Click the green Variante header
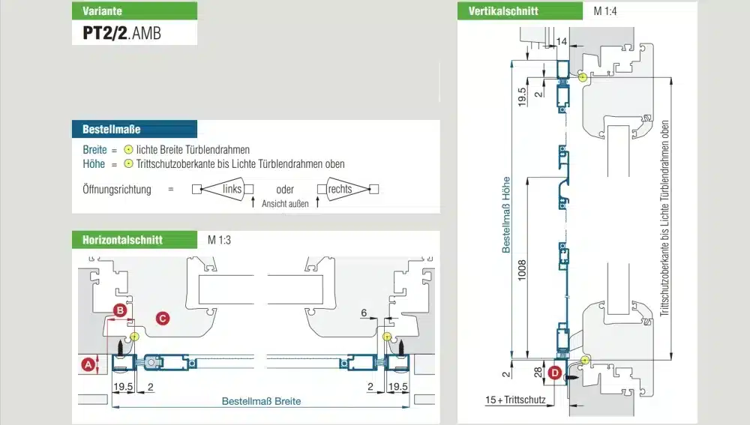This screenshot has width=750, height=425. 135,10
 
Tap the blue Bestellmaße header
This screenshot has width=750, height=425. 134,129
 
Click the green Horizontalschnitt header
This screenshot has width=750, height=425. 134,240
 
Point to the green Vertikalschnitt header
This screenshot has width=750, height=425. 520,11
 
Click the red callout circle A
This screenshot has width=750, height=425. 89,364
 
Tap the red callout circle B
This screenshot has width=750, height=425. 118,310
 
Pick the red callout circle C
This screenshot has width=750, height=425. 163,318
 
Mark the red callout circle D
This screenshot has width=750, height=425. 555,373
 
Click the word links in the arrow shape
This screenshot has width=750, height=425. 232,189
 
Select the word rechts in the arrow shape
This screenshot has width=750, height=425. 340,189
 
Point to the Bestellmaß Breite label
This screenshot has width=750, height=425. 261,401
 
